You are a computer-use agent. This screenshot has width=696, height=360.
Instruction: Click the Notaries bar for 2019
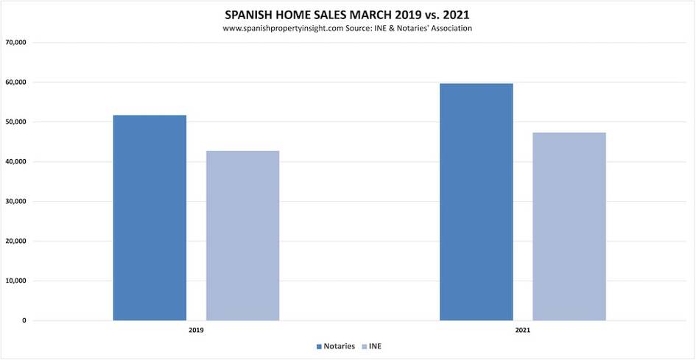coord(150,218)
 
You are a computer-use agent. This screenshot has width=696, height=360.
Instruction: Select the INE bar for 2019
coord(242,236)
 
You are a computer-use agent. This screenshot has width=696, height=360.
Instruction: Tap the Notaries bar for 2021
coord(476,202)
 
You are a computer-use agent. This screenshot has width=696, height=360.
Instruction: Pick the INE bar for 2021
coord(569,227)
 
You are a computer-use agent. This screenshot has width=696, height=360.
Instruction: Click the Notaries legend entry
coord(337,346)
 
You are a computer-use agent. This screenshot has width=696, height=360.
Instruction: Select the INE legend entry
coord(374,346)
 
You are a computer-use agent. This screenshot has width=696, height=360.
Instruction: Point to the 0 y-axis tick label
coord(24,320)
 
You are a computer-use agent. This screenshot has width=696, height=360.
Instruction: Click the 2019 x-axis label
coord(196,331)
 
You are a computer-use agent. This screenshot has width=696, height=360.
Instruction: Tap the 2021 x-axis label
coord(522,331)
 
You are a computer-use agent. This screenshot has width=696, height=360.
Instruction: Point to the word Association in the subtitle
coord(446,28)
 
